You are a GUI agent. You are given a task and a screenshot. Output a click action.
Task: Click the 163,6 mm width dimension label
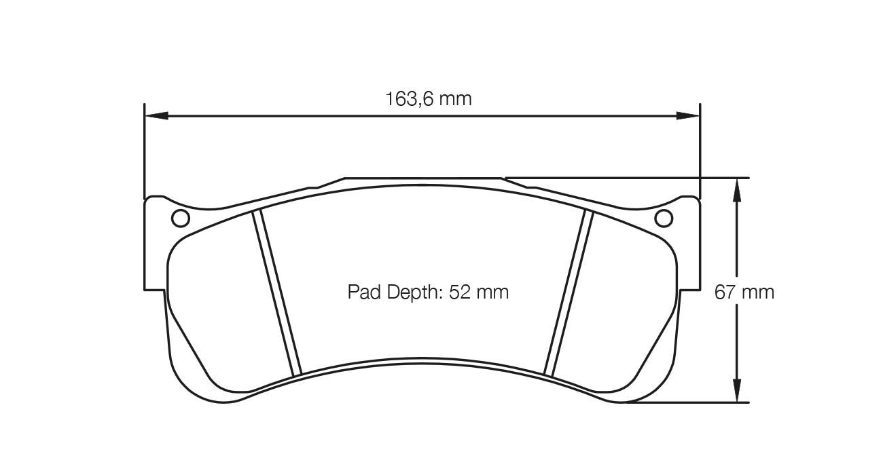(x=429, y=99)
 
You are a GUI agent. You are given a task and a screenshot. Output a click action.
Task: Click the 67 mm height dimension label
(x=744, y=292)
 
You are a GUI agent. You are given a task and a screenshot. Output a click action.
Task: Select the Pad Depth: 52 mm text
(x=428, y=292)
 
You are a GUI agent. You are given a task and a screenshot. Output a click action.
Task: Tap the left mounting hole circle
(x=181, y=218)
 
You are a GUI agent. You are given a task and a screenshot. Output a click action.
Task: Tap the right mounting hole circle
(x=663, y=218)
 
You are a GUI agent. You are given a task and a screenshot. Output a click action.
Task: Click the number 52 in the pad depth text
(x=460, y=292)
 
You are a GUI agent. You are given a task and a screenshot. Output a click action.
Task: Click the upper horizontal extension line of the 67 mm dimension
(x=645, y=178)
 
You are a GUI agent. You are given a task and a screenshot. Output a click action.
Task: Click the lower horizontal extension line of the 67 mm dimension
(x=686, y=402)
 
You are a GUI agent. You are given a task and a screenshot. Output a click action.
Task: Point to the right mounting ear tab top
(x=689, y=197)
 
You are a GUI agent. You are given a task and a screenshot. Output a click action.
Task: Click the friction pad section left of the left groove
(x=217, y=305)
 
